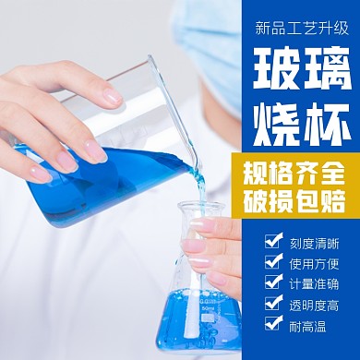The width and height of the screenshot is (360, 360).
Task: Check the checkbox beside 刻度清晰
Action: click(x=274, y=241)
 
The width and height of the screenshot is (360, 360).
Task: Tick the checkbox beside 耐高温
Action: click(x=274, y=324)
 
